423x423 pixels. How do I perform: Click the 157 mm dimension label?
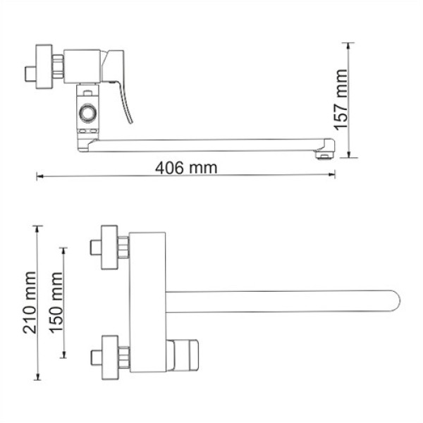342,99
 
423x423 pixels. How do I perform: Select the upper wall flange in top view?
109,247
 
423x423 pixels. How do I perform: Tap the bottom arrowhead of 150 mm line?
65,354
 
